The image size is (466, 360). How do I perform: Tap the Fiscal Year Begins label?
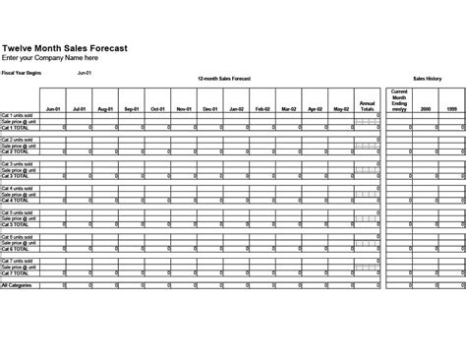tap(21, 73)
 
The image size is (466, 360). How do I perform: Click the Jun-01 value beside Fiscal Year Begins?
tap(85, 73)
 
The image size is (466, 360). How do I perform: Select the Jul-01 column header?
tap(80, 108)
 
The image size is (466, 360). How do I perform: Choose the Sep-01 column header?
tap(132, 108)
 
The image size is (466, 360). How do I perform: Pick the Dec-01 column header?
tap(209, 108)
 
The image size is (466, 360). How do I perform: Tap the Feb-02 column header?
tap(262, 108)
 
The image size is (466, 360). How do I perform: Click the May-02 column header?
tap(340, 108)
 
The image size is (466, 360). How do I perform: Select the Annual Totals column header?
tap(368, 105)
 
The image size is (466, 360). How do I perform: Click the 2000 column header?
tap(426, 108)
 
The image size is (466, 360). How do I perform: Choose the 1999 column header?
tap(451, 108)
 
